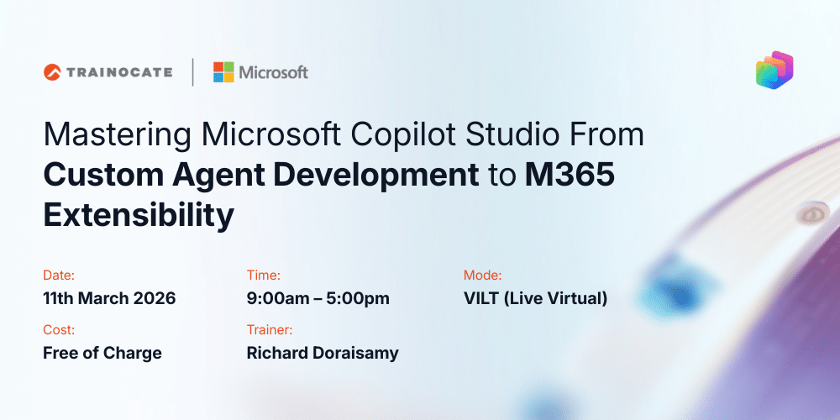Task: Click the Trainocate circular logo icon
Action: (x=53, y=72)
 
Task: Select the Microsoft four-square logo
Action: (x=223, y=72)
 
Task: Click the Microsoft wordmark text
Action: (x=274, y=72)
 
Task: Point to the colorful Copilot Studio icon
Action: (x=774, y=70)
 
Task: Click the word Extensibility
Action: (x=139, y=215)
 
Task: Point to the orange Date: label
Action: (x=59, y=275)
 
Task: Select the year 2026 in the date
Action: (x=154, y=298)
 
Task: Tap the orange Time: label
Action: (x=263, y=275)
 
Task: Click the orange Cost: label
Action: (x=59, y=329)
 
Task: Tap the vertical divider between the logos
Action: (x=192, y=72)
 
